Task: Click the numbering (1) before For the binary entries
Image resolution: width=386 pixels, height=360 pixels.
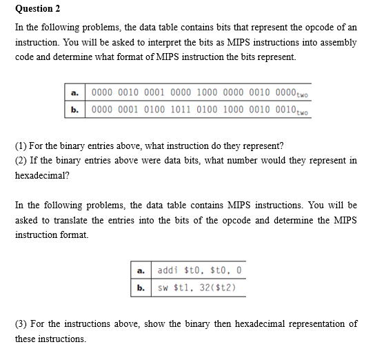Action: [x=21, y=146]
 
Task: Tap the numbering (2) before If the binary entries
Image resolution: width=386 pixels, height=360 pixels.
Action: [x=21, y=161]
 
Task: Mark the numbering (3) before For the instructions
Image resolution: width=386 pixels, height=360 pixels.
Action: [x=21, y=323]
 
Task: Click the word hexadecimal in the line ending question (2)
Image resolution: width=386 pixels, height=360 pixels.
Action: [x=41, y=176]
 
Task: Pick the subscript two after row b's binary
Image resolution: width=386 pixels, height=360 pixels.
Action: [x=301, y=112]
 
